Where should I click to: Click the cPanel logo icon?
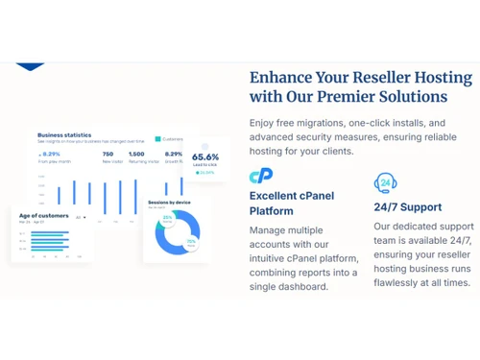(261, 176)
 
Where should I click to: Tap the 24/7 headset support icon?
(384, 182)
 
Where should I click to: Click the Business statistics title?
(63, 135)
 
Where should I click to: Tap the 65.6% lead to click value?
(205, 157)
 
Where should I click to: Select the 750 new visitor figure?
(108, 154)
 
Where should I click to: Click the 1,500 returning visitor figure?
(136, 154)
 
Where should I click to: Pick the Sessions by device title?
(169, 204)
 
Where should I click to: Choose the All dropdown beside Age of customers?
(81, 218)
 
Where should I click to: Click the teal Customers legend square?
(158, 138)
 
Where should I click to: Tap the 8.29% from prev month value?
(51, 154)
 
